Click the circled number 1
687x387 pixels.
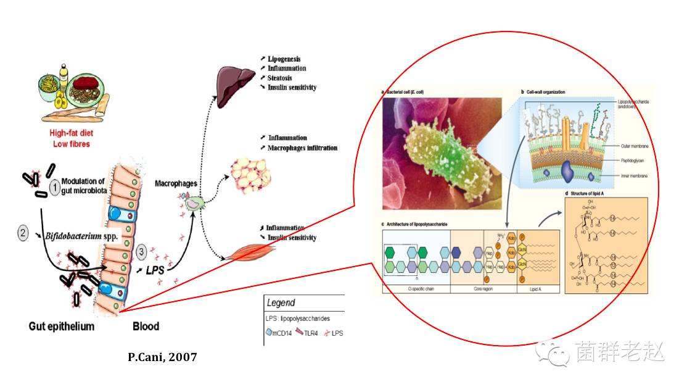[x=55, y=185]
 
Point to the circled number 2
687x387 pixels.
[x=23, y=234]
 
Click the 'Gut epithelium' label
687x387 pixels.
[x=62, y=326]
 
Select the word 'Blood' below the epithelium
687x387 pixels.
[x=146, y=326]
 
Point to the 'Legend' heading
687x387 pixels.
[x=281, y=303]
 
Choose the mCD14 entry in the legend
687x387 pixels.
[x=281, y=333]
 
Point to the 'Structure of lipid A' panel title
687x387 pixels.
[x=594, y=194]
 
